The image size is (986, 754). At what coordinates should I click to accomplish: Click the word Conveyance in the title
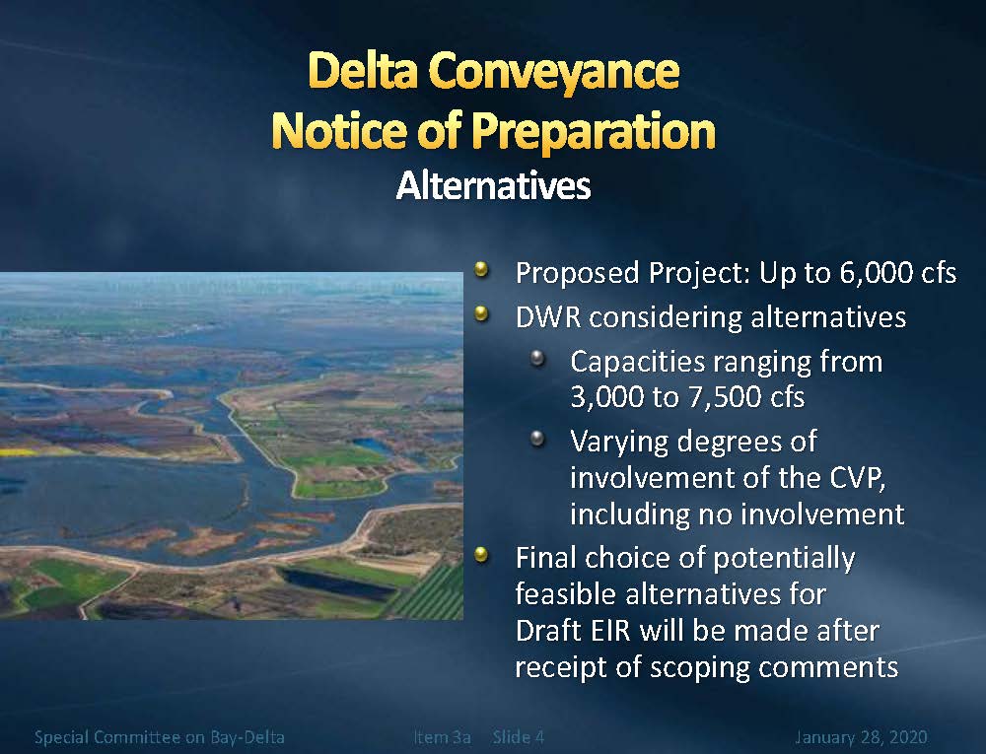tap(554, 72)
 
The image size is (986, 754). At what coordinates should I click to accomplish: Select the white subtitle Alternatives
tap(493, 185)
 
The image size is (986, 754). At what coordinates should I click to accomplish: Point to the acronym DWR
tap(548, 317)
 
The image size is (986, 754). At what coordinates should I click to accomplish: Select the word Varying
tap(619, 443)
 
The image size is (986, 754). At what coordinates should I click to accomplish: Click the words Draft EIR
tap(573, 631)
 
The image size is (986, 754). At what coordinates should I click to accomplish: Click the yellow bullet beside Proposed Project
tap(482, 270)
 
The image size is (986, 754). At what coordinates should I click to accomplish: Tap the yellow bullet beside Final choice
tap(482, 555)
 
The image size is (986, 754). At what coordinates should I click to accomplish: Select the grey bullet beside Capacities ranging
tap(537, 359)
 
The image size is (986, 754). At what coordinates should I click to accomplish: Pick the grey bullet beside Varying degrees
tap(537, 438)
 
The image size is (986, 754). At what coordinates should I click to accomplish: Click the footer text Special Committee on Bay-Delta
tap(159, 737)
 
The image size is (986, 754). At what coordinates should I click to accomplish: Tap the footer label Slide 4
tap(519, 737)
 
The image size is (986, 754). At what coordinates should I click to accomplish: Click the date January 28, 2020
tap(861, 737)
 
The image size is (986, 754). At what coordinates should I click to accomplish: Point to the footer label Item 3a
tap(442, 737)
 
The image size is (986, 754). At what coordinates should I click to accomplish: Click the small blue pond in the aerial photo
tap(372, 445)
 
